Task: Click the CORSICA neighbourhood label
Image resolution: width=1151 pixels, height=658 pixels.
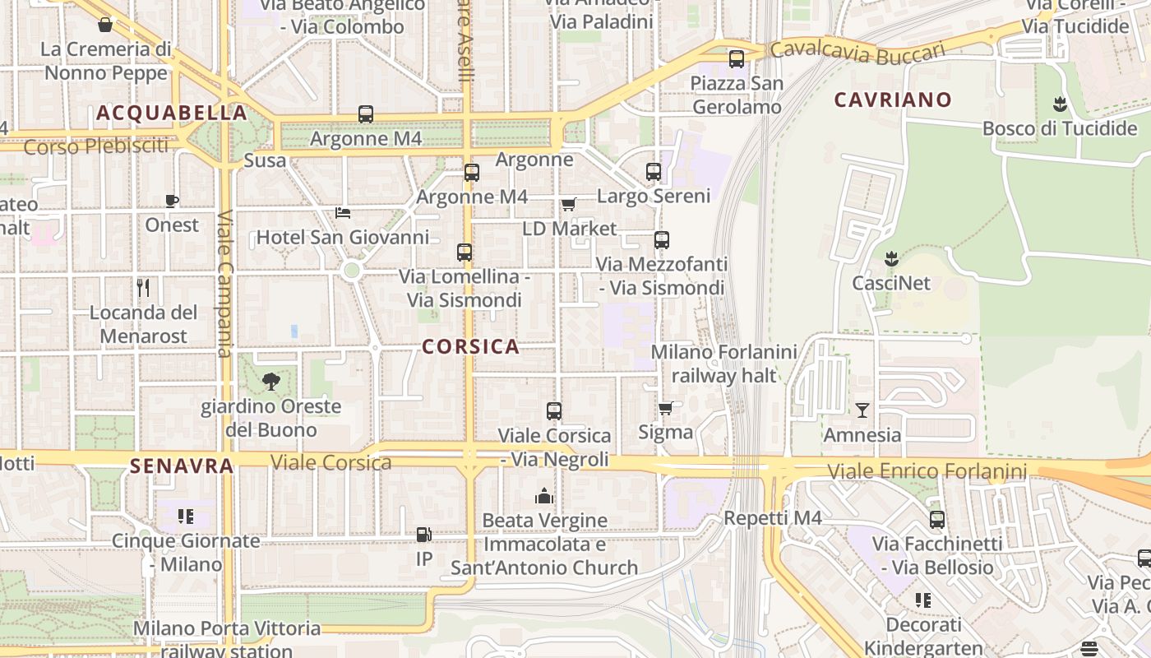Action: coord(470,346)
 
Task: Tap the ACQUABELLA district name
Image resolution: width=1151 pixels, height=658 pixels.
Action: coord(171,113)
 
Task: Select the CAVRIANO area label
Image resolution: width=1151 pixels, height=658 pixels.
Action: coord(893,100)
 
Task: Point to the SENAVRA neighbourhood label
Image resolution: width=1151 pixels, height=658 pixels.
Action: coord(182,466)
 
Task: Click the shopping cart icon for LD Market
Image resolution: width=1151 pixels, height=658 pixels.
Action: coord(568,204)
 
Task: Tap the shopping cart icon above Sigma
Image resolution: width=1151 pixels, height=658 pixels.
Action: coord(666,408)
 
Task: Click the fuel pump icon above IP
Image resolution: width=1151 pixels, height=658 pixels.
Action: coord(424,535)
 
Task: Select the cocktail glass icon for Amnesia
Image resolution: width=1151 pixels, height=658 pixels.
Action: coord(862,410)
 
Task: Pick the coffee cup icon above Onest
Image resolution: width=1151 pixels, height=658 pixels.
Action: coord(172,201)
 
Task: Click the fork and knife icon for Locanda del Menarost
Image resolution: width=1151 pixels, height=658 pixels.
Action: coord(143,288)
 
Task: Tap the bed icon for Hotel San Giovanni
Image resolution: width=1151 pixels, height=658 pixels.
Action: coord(343,213)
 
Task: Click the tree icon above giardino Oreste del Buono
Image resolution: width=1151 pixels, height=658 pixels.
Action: coord(270,382)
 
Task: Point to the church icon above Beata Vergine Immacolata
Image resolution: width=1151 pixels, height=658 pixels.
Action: coord(543,495)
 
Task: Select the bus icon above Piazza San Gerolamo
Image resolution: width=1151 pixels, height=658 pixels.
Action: coord(736,59)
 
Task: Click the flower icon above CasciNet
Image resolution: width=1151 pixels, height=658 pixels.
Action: coord(890,259)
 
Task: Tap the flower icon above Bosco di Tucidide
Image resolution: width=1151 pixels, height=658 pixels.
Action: coord(1059,104)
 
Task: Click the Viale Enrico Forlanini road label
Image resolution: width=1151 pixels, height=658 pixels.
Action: coord(927,471)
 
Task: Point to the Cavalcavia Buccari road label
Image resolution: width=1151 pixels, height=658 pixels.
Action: coord(857,53)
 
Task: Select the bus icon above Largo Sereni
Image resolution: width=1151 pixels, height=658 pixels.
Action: coord(654,172)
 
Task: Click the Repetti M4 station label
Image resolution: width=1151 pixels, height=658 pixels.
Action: coord(773,518)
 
